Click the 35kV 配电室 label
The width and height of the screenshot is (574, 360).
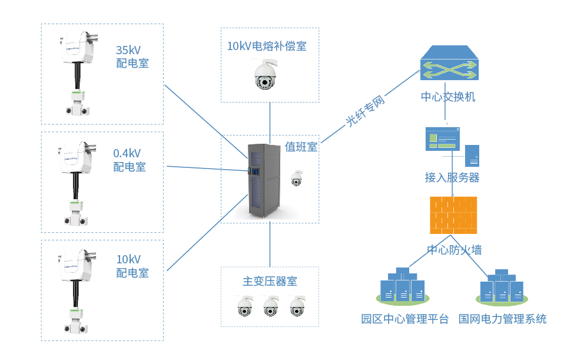click(132, 57)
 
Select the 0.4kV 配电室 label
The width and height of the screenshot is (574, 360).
click(130, 160)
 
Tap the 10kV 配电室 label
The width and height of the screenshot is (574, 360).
click(132, 266)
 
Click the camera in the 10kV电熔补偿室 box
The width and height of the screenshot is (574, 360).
click(265, 75)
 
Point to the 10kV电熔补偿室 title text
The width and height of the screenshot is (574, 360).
click(267, 46)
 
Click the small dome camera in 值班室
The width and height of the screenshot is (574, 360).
click(297, 179)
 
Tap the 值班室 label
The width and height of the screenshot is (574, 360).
click(301, 147)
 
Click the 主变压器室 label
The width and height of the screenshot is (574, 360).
click(270, 281)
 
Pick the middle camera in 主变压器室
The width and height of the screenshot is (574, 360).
click(270, 306)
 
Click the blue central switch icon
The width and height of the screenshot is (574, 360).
click(449, 64)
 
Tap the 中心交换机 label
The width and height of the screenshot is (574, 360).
click(448, 97)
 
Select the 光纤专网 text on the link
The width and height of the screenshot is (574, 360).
click(365, 112)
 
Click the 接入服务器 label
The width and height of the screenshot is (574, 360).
click(452, 177)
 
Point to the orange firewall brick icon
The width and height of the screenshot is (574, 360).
click(453, 215)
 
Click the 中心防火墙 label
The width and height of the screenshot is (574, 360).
click(454, 250)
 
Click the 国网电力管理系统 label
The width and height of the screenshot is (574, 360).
click(502, 319)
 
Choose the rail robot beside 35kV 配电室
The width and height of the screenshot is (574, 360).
click(77, 74)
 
